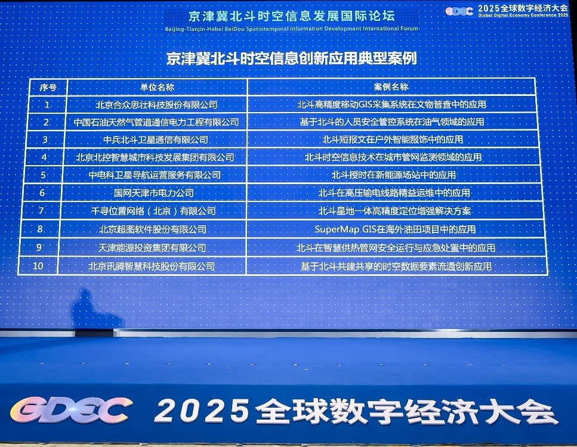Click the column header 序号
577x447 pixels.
[x=48, y=88]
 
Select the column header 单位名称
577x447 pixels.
[x=157, y=87]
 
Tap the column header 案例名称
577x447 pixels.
[x=391, y=87]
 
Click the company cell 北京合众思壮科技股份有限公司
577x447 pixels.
[x=156, y=105]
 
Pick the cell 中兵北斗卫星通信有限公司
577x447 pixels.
[x=156, y=139]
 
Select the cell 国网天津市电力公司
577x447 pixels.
[x=154, y=193]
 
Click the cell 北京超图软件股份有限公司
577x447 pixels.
[x=153, y=229]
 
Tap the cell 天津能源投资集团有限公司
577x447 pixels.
[x=152, y=248]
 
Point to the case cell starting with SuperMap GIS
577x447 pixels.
[x=395, y=229]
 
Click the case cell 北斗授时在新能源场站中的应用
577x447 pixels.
[x=394, y=175]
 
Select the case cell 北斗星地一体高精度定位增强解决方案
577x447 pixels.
[x=394, y=211]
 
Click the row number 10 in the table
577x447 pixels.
[x=38, y=266]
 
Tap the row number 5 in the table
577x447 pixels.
[x=43, y=175]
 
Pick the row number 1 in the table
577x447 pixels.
[x=47, y=105]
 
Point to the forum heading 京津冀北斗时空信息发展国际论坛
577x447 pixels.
[x=291, y=16]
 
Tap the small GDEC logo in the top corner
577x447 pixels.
[x=459, y=11]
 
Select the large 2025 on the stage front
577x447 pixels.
[x=202, y=410]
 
